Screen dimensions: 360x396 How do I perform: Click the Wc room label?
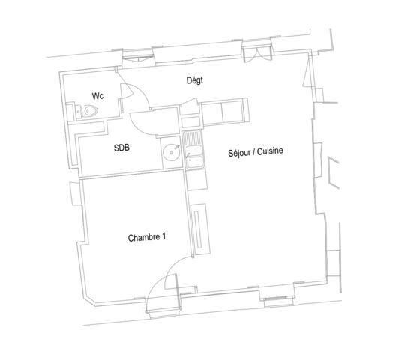(97, 96)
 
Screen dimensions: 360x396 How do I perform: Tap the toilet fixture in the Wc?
(90, 112)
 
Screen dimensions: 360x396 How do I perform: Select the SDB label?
(121, 148)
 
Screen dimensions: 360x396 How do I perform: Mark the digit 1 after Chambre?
(164, 237)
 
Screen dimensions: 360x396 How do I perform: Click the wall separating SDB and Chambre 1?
(132, 173)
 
